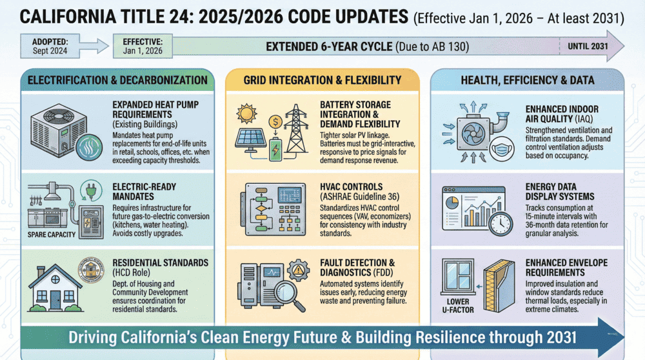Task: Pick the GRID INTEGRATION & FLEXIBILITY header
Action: click(x=322, y=80)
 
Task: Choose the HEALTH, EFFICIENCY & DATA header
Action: click(x=528, y=79)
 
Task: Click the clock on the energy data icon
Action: click(x=500, y=223)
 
